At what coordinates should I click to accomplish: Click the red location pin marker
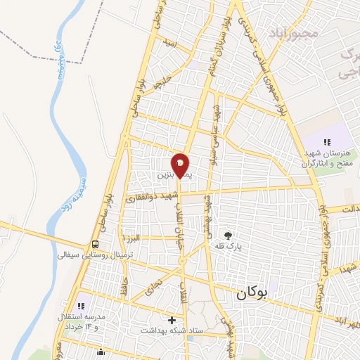click(x=181, y=165)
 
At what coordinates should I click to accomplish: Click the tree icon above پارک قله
click(x=228, y=235)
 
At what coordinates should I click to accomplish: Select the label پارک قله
click(x=228, y=247)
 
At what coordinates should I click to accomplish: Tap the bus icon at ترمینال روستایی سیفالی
click(x=94, y=243)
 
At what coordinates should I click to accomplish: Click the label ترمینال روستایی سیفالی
click(x=83, y=255)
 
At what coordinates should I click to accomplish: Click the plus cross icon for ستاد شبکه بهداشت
click(x=172, y=320)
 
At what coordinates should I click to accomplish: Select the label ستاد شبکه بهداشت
click(x=172, y=330)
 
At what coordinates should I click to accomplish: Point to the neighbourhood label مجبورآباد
click(x=294, y=32)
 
